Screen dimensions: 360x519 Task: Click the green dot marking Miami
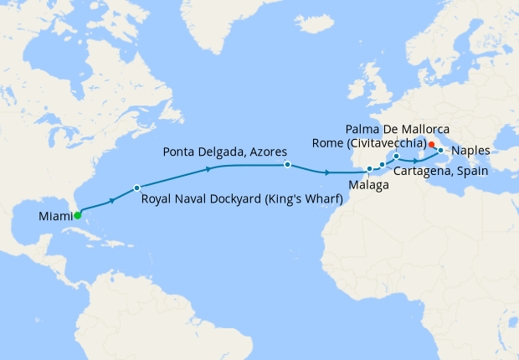77,215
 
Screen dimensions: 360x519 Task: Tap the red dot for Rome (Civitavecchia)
431,144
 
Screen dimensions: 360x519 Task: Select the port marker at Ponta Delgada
287,165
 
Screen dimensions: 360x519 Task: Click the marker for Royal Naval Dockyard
136,187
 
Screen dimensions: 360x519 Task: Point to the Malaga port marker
369,169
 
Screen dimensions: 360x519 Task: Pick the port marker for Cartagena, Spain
383,165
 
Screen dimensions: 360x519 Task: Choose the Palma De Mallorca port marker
396,157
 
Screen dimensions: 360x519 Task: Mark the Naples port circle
440,151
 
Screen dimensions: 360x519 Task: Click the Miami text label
54,218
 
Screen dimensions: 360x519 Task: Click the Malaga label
369,184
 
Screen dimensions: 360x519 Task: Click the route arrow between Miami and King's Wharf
111,201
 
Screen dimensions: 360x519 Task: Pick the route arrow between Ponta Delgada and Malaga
326,172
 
